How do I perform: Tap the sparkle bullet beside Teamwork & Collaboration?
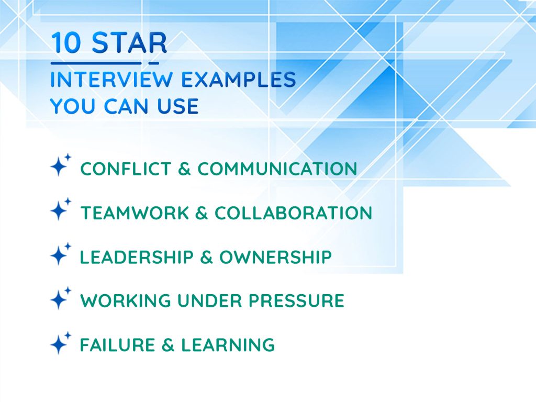[60, 210]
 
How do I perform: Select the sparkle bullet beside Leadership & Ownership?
[60, 255]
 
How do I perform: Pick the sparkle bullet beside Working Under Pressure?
[60, 299]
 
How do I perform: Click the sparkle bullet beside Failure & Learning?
[60, 343]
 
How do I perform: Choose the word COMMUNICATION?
[277, 169]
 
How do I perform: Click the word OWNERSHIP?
[275, 257]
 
